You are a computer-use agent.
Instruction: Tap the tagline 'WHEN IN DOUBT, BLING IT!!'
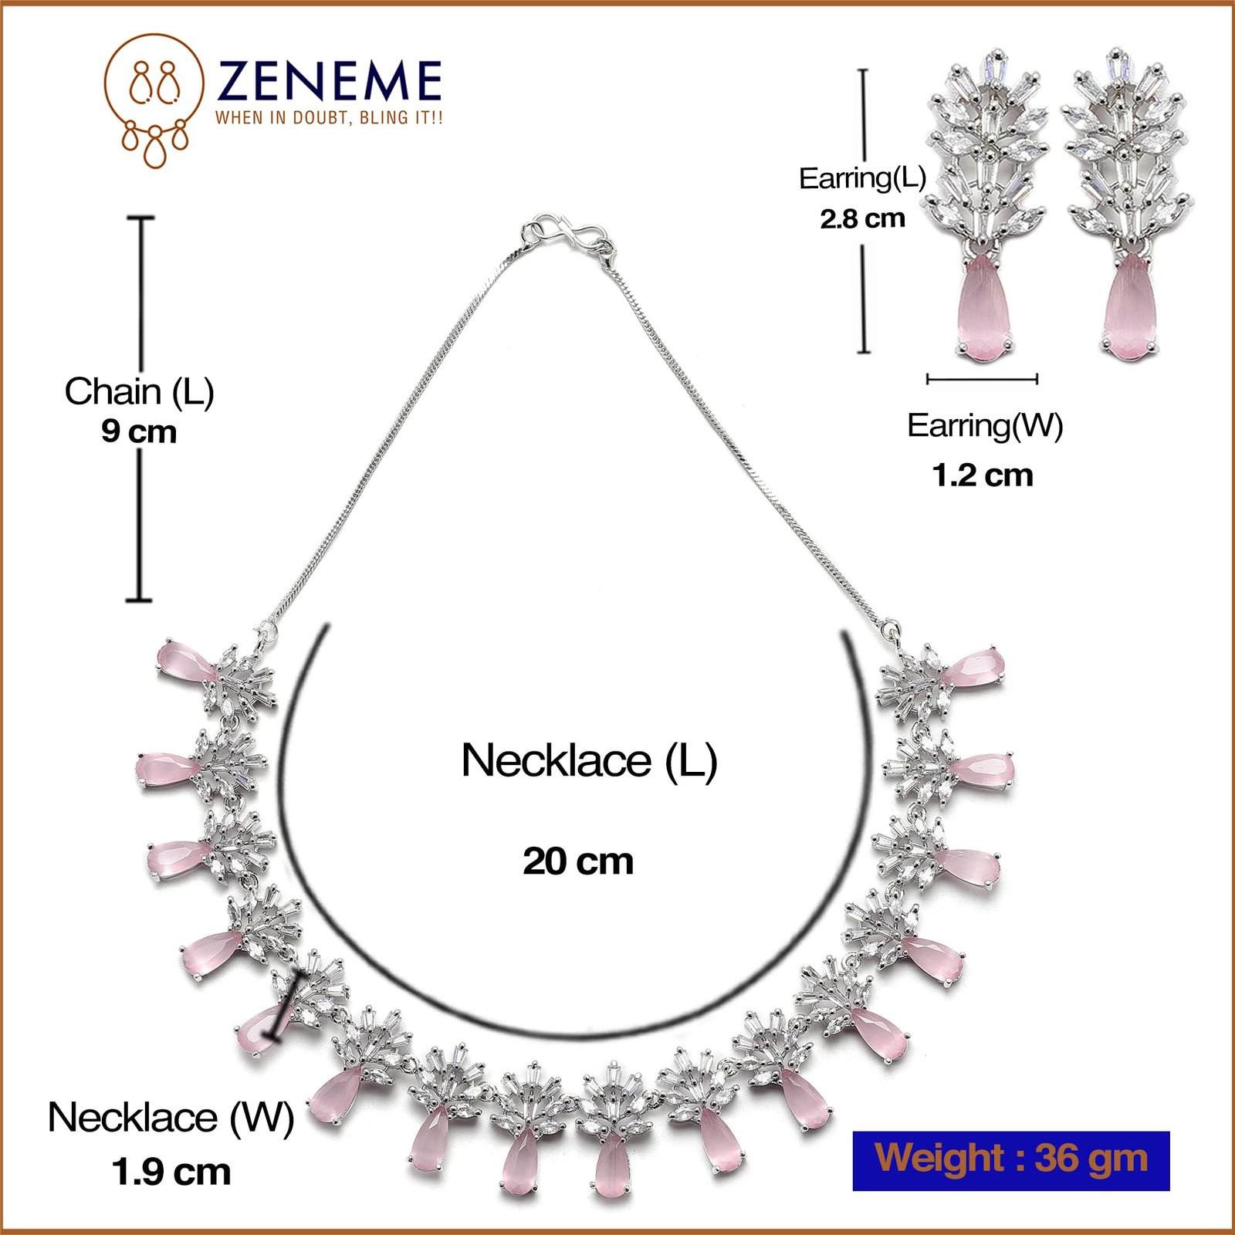point(329,118)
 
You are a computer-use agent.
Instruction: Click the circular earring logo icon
point(154,99)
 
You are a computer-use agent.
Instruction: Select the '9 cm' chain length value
point(139,431)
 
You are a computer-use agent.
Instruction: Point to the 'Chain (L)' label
point(139,391)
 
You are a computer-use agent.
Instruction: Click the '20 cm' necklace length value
point(578,861)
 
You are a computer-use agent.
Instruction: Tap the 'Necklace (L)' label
point(589,761)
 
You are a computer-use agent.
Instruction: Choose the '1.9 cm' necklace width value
point(171,1172)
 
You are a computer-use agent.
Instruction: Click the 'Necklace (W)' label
point(171,1117)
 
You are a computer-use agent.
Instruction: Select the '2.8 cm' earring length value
point(862,218)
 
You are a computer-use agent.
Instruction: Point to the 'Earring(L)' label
point(862,178)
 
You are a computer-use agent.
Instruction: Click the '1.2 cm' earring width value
point(983,475)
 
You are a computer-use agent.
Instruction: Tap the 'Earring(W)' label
point(985,425)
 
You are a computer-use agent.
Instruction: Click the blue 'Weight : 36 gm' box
point(1011,1161)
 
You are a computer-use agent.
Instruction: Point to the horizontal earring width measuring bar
point(982,379)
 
